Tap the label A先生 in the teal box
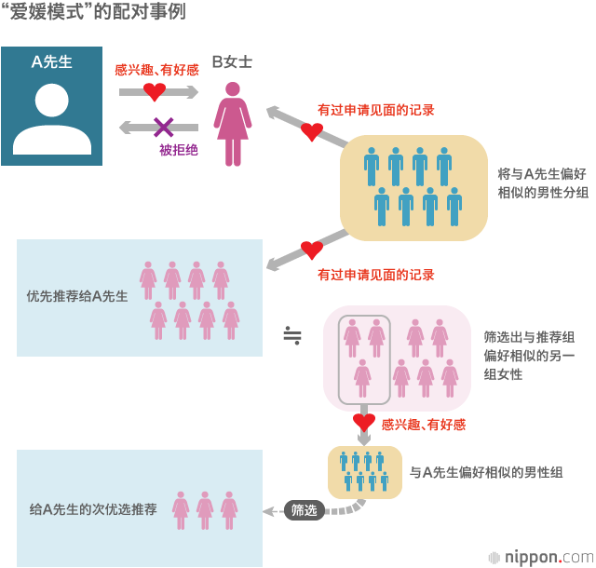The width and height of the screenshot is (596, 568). (52, 62)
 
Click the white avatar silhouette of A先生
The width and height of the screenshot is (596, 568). (52, 119)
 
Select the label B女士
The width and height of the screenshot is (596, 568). (232, 62)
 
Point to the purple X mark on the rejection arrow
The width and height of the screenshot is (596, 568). (164, 127)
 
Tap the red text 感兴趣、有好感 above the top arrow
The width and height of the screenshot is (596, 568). (156, 70)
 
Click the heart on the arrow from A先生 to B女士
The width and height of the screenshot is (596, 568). (155, 91)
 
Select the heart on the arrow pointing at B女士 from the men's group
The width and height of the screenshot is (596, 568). (311, 131)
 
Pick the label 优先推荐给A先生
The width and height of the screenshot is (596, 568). (77, 297)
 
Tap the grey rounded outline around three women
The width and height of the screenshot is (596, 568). (364, 359)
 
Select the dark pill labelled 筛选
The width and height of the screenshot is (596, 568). (305, 509)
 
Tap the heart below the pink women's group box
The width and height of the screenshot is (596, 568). (364, 423)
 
